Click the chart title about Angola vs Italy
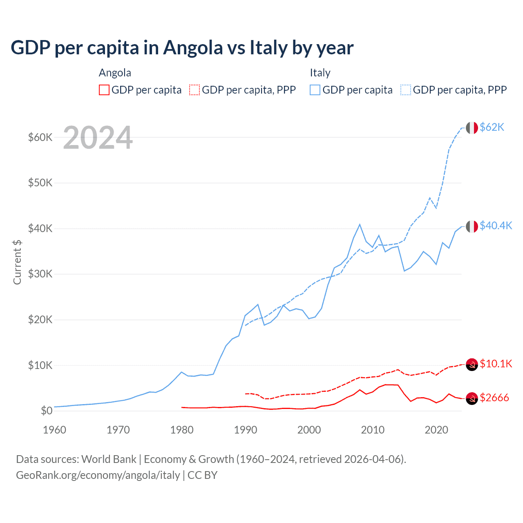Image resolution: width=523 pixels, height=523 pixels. pyautogui.click(x=182, y=48)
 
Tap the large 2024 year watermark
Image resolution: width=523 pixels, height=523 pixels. pyautogui.click(x=98, y=138)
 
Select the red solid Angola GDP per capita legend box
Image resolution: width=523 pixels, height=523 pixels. pyautogui.click(x=104, y=90)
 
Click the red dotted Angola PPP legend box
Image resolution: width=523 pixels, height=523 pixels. pyautogui.click(x=194, y=90)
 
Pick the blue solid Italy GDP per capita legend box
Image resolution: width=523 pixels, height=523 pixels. pyautogui.click(x=315, y=90)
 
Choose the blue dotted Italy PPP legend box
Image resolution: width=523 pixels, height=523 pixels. pyautogui.click(x=406, y=90)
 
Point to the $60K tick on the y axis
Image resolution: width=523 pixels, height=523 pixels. pyautogui.click(x=40, y=137)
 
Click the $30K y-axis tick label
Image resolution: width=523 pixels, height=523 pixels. pyautogui.click(x=40, y=274)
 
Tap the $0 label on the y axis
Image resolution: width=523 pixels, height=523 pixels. pyautogui.click(x=47, y=411)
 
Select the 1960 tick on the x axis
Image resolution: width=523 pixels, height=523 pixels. pyautogui.click(x=54, y=430)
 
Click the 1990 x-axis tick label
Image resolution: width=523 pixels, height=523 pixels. pyautogui.click(x=246, y=430)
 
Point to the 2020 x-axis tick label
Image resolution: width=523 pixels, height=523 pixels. pyautogui.click(x=436, y=430)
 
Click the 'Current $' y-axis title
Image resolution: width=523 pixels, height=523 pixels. pyautogui.click(x=17, y=262)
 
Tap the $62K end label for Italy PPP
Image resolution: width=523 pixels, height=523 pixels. pyautogui.click(x=492, y=127)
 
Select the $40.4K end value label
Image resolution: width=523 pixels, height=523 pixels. pyautogui.click(x=496, y=226)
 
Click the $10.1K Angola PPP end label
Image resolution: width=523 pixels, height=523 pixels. pyautogui.click(x=496, y=364)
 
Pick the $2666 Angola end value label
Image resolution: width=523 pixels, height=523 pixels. pyautogui.click(x=494, y=398)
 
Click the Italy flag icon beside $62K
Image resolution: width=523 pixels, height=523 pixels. pyautogui.click(x=472, y=128)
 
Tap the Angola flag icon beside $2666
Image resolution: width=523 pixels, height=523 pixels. pyautogui.click(x=472, y=398)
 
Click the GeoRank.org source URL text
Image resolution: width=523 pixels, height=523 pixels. pyautogui.click(x=98, y=475)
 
